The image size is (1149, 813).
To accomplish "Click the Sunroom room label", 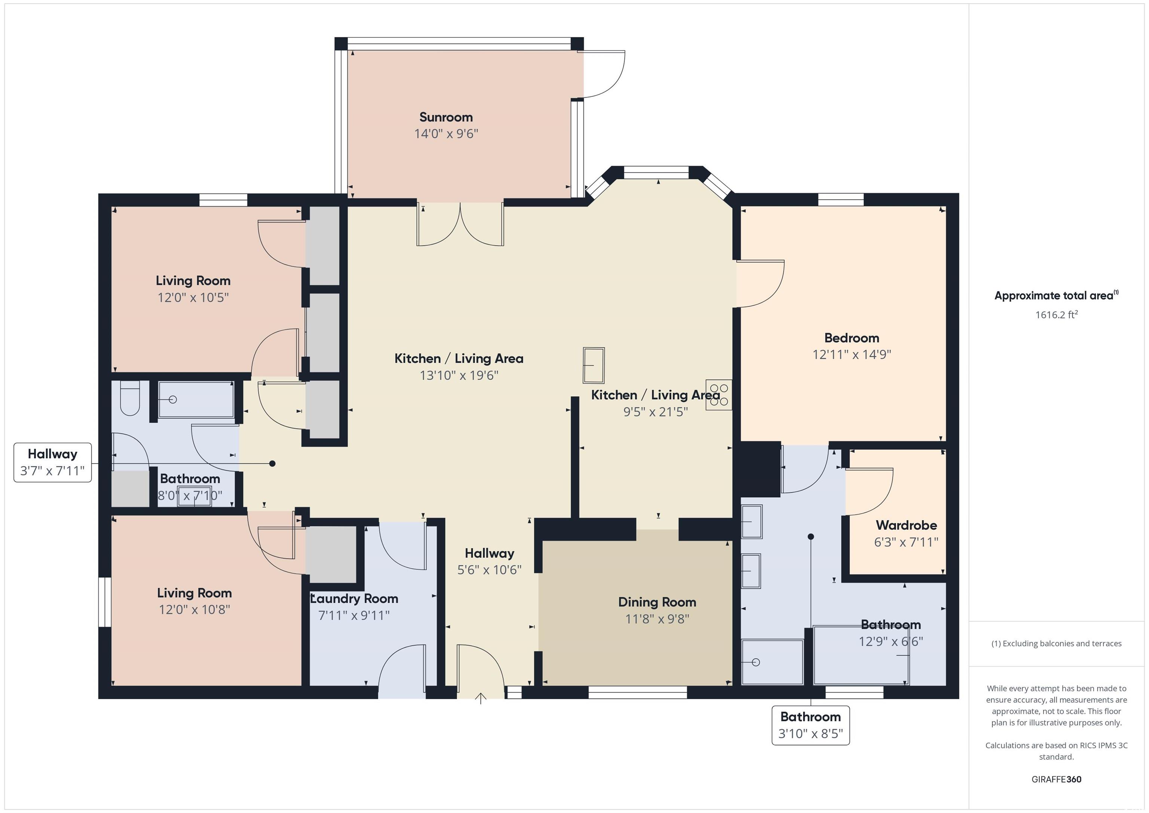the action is (446, 117).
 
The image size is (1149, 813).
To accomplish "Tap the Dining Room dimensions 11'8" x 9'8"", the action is (657, 619).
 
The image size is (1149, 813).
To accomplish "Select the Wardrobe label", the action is (906, 525).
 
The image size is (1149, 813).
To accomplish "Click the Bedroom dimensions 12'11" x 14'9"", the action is (852, 354).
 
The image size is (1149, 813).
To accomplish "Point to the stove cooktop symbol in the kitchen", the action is (718, 395).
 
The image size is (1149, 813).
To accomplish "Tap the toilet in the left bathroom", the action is (130, 398).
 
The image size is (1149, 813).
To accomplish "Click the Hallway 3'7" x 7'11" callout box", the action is (52, 462).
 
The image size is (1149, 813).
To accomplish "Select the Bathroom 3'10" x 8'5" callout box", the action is (811, 725).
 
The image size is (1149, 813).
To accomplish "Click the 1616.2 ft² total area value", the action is (1056, 314).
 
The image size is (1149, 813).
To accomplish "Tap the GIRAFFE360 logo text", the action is (1056, 779).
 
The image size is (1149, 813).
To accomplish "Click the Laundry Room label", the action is (354, 599).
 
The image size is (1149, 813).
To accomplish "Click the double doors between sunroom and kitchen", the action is (460, 224).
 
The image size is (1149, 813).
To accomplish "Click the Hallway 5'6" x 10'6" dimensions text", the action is (490, 570).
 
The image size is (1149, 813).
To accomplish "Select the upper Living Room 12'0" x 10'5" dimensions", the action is (193, 297).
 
